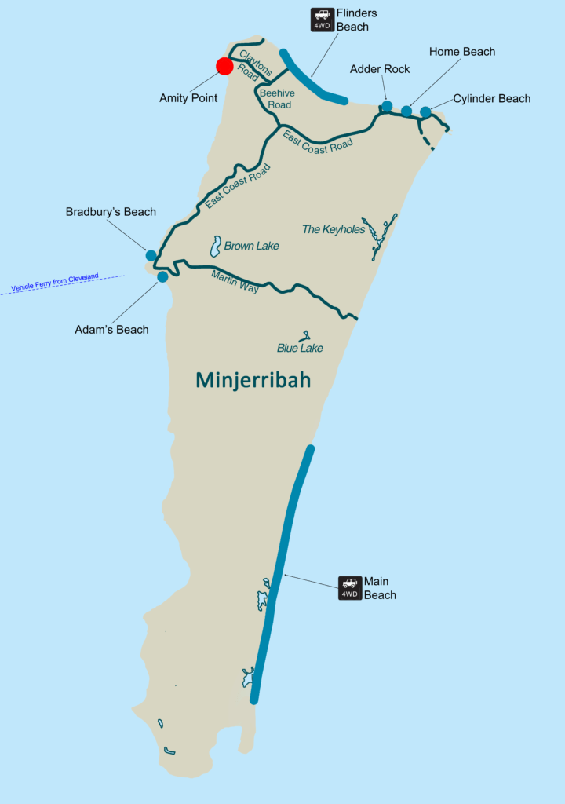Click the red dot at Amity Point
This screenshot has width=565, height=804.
tap(224, 66)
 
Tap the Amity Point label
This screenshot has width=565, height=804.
tap(188, 98)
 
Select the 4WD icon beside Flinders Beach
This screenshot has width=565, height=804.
tap(322, 20)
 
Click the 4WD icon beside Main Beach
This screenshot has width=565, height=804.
tap(350, 587)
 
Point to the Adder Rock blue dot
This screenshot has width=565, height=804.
tap(387, 106)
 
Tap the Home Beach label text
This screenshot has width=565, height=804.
tap(462, 52)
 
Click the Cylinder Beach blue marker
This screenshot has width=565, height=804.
tap(425, 111)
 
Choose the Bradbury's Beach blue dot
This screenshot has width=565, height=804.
tap(151, 255)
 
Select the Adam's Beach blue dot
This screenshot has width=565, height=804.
tap(162, 276)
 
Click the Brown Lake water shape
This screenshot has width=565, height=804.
tap(214, 247)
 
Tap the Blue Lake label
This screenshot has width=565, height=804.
tap(300, 348)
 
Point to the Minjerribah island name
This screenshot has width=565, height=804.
tap(253, 381)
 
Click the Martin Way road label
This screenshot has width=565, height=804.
tap(235, 282)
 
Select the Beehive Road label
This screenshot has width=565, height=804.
tap(275, 99)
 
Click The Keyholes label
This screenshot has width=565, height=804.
tap(334, 229)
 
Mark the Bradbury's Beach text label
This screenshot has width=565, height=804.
tap(111, 212)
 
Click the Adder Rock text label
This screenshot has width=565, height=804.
tap(380, 69)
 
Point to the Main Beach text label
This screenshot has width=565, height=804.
tap(380, 588)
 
